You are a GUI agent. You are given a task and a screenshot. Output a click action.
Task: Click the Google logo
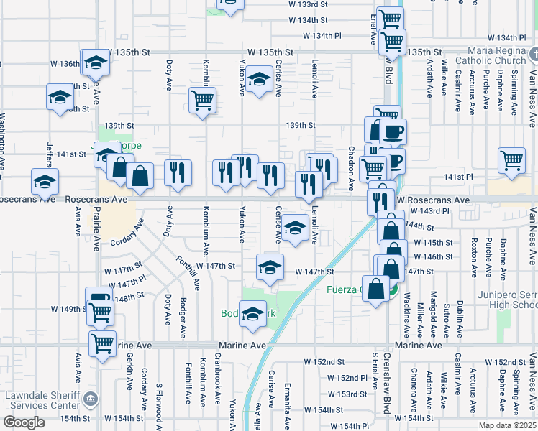coord(24,422)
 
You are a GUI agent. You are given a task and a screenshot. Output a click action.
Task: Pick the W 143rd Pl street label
coord(429,211)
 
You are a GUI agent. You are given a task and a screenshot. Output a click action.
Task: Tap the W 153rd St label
coord(348,394)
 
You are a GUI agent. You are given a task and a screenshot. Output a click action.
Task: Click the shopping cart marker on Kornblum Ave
coord(203,100)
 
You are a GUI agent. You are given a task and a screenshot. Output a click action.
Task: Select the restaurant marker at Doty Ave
coord(178,172)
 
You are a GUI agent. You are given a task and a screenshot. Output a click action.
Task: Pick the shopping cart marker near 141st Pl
coord(512,161)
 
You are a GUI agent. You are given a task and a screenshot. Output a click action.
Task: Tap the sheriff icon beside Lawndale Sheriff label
coord(90,398)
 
